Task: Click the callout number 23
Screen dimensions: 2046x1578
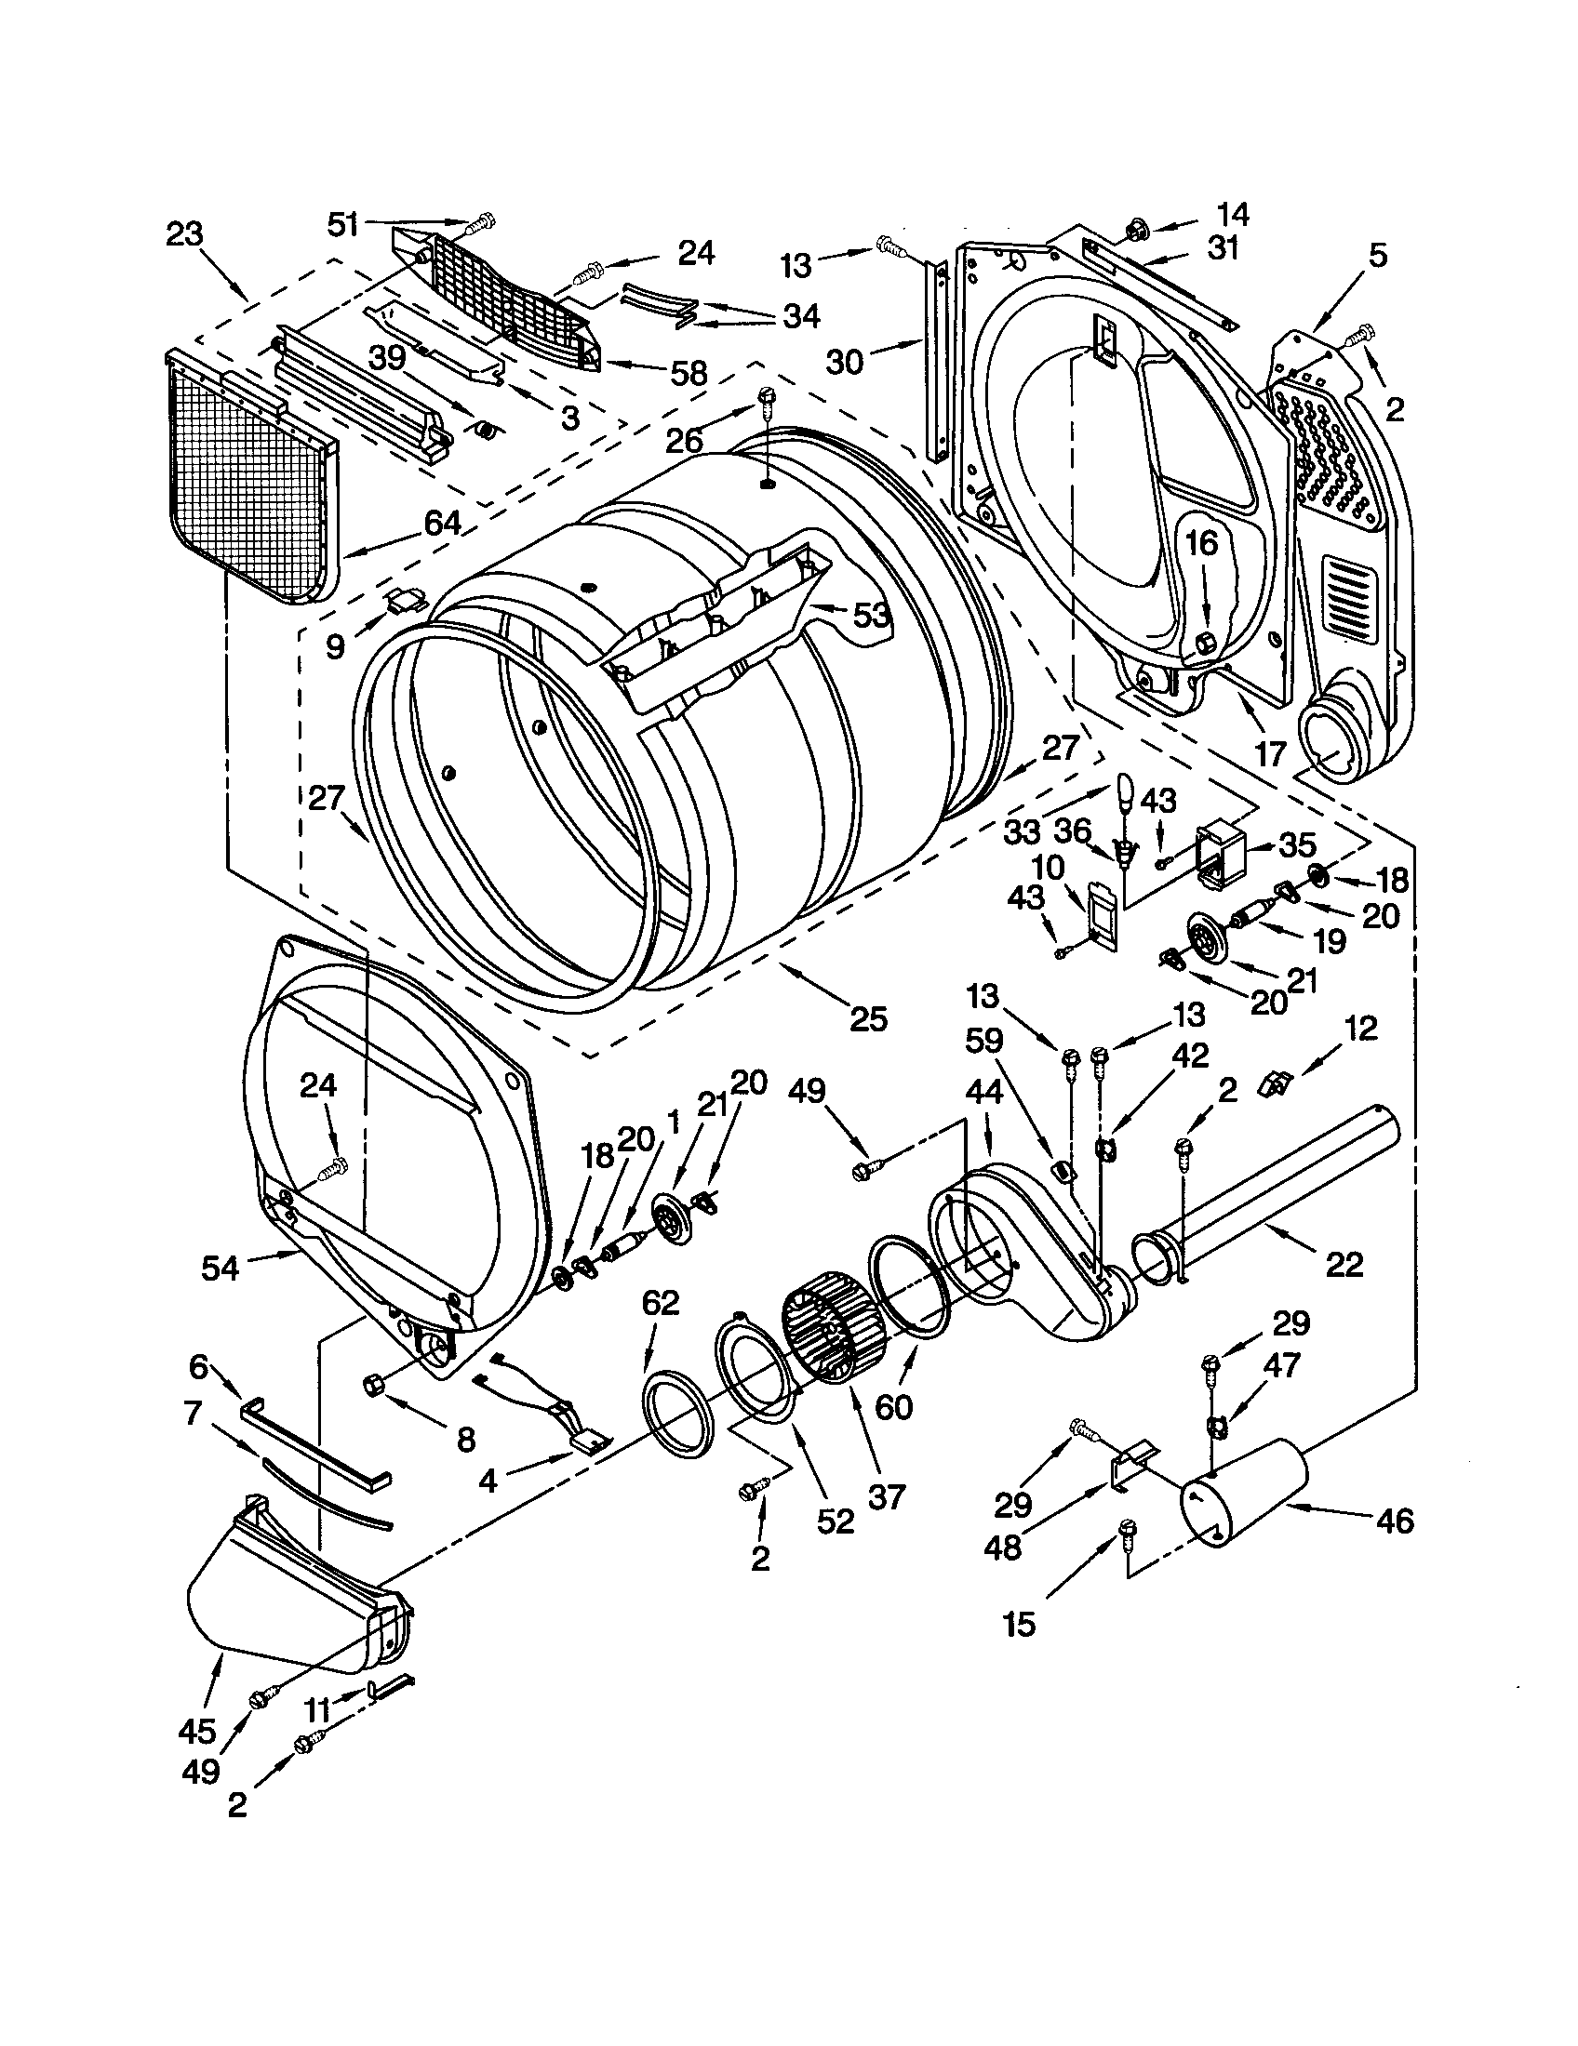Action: coord(183,233)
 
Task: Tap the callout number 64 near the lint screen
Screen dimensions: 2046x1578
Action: coord(442,523)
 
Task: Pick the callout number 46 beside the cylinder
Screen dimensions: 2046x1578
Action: coord(1395,1520)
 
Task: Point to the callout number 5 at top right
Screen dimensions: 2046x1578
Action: coord(1376,255)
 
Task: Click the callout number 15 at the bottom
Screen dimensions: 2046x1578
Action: coord(1019,1623)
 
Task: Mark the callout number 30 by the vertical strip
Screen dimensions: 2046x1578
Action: coord(844,360)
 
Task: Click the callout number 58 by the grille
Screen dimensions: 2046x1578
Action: coord(689,373)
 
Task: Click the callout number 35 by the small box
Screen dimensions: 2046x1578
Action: coord(1297,844)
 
